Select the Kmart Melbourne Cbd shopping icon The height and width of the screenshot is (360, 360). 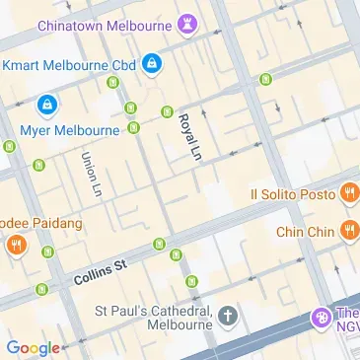pyautogui.click(x=151, y=66)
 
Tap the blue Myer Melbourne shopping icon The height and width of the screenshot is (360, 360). pyautogui.click(x=45, y=104)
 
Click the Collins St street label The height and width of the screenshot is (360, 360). pyautogui.click(x=101, y=273)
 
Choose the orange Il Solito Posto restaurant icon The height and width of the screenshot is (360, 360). pyautogui.click(x=348, y=194)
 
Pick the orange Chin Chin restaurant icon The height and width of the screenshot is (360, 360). pyautogui.click(x=348, y=231)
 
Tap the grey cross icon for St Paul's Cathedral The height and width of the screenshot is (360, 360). pyautogui.click(x=228, y=317)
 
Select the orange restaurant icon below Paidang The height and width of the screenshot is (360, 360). pyautogui.click(x=16, y=244)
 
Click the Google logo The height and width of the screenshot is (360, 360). pyautogui.click(x=33, y=347)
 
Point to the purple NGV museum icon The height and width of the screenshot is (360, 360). pyautogui.click(x=320, y=318)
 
